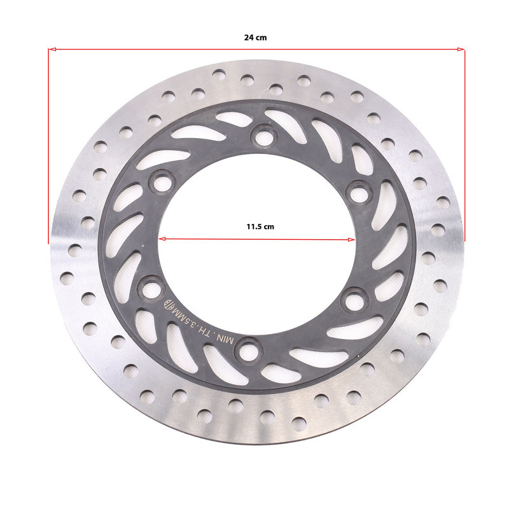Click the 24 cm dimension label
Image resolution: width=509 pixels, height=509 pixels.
(x=256, y=38)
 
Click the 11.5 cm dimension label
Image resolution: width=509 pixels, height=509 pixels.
(x=260, y=227)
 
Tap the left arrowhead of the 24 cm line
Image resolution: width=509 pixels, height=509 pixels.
(x=52, y=50)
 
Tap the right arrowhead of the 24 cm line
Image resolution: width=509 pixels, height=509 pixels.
(x=461, y=50)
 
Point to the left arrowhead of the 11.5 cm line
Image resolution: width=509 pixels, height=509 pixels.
(x=162, y=239)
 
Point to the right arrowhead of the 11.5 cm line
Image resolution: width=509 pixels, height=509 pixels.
(x=351, y=240)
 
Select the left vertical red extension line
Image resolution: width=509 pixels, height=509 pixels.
(x=49, y=146)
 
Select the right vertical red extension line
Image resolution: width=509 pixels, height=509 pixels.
(x=464, y=146)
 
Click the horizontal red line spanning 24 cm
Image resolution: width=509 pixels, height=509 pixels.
(x=256, y=50)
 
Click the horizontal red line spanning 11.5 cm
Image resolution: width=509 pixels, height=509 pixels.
(x=257, y=240)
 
